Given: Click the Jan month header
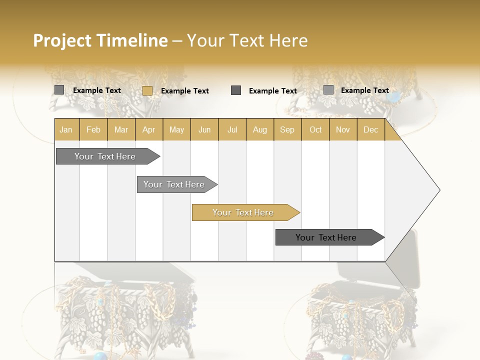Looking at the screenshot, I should [x=66, y=130].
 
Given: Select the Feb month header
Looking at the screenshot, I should [x=93, y=130].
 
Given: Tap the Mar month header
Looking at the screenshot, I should [x=121, y=130].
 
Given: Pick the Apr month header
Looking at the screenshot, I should [x=149, y=130].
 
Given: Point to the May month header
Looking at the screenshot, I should [x=176, y=130].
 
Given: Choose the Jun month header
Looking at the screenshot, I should [x=204, y=130].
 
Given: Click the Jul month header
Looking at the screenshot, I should [x=232, y=130].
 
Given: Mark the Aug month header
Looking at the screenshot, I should [x=260, y=130].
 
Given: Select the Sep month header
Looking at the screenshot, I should [x=287, y=130].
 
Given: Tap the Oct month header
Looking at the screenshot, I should [x=315, y=130].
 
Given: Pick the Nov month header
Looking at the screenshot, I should [x=343, y=130].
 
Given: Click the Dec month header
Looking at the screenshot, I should [x=371, y=130].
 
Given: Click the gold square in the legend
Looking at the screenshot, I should [x=147, y=90].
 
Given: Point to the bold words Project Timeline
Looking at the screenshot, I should [x=100, y=40].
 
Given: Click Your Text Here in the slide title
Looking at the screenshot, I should [x=247, y=40].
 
